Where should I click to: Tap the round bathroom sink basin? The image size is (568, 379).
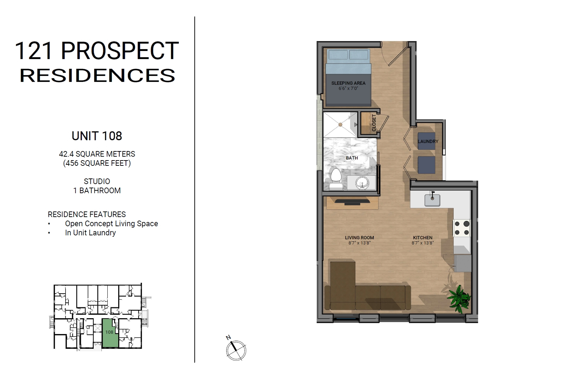point(362,183)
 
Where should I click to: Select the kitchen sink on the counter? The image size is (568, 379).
point(432,200)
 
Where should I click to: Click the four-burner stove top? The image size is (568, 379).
point(462,228)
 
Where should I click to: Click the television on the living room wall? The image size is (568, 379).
point(353,202)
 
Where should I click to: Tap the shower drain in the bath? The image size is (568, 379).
point(340,125)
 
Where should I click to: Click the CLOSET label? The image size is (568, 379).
point(374,123)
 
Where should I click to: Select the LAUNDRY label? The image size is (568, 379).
point(428,142)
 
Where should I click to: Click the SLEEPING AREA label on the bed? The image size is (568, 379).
point(348,83)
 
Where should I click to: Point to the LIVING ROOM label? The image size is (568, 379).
point(359,237)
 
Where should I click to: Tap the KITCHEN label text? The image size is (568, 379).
point(423,237)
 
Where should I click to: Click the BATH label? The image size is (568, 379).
point(352,158)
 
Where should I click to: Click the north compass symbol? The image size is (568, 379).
point(236,350)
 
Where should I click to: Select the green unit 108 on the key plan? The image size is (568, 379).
point(110,333)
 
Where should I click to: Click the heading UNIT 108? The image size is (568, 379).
point(97,136)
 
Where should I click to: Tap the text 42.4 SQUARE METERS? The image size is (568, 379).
point(97,154)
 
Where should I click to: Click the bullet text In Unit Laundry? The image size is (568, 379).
point(91,233)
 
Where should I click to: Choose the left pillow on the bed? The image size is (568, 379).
point(338,55)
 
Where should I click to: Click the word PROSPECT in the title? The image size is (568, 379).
point(120,51)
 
